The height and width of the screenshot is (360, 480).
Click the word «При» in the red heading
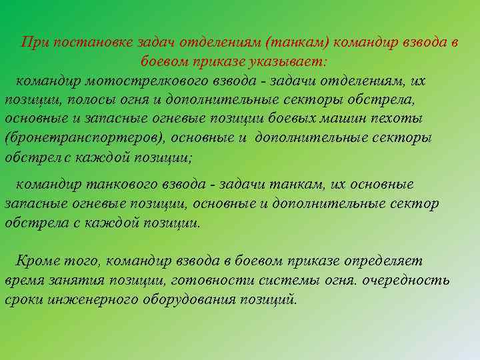click(34, 43)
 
